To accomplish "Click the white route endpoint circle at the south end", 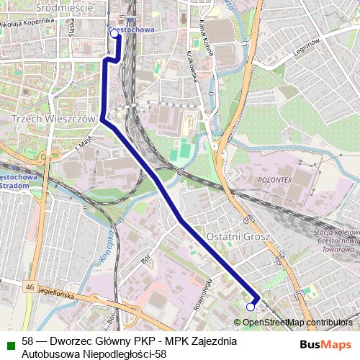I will point(251,307).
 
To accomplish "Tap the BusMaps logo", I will point(325,344).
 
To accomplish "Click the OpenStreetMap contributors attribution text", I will point(297,323).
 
